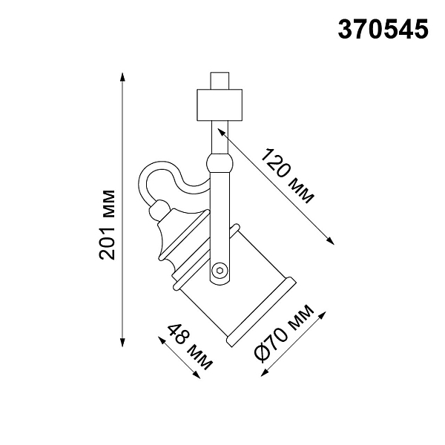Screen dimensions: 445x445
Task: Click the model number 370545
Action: tap(383, 30)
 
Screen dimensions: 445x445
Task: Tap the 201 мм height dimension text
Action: tap(107, 225)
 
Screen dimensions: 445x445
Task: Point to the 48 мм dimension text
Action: tap(190, 347)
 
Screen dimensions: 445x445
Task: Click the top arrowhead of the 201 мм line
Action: tap(122, 77)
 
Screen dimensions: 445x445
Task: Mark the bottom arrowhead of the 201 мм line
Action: tap(122, 342)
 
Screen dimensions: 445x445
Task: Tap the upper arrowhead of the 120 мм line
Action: tap(221, 131)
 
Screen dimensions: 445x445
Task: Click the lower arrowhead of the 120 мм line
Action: tap(330, 240)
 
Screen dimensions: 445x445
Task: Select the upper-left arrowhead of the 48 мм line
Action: tap(162, 340)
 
